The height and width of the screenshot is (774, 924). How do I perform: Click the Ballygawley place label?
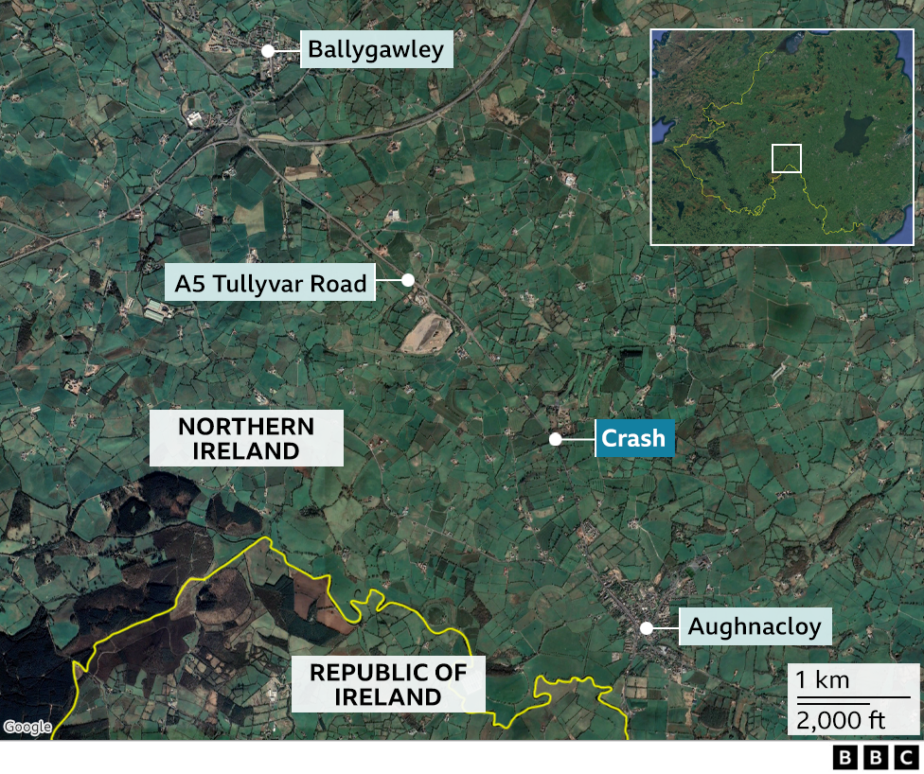click(x=376, y=49)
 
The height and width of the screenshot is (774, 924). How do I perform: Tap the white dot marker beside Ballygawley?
click(x=268, y=50)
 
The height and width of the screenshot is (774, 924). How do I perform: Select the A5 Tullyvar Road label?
click(x=270, y=283)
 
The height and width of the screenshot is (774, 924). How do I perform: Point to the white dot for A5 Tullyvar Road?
click(x=408, y=280)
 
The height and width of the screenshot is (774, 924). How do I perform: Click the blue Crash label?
click(x=634, y=439)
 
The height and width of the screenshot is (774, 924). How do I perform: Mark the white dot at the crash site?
click(x=556, y=439)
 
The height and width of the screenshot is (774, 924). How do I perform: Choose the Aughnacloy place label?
click(x=755, y=626)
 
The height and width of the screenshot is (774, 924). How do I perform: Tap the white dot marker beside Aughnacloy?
click(x=647, y=626)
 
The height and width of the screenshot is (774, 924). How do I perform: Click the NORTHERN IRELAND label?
click(x=246, y=438)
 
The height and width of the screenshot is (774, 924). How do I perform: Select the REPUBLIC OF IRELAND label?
click(x=388, y=685)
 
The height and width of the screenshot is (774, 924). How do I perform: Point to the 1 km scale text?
click(x=823, y=679)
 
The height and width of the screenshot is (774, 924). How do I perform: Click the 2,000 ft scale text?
click(x=840, y=720)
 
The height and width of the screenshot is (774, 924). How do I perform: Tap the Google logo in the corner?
click(x=27, y=727)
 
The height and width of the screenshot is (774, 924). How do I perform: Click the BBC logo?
click(x=875, y=757)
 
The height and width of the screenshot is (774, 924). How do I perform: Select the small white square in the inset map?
click(x=787, y=158)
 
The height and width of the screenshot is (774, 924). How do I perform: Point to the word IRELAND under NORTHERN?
click(x=246, y=450)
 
